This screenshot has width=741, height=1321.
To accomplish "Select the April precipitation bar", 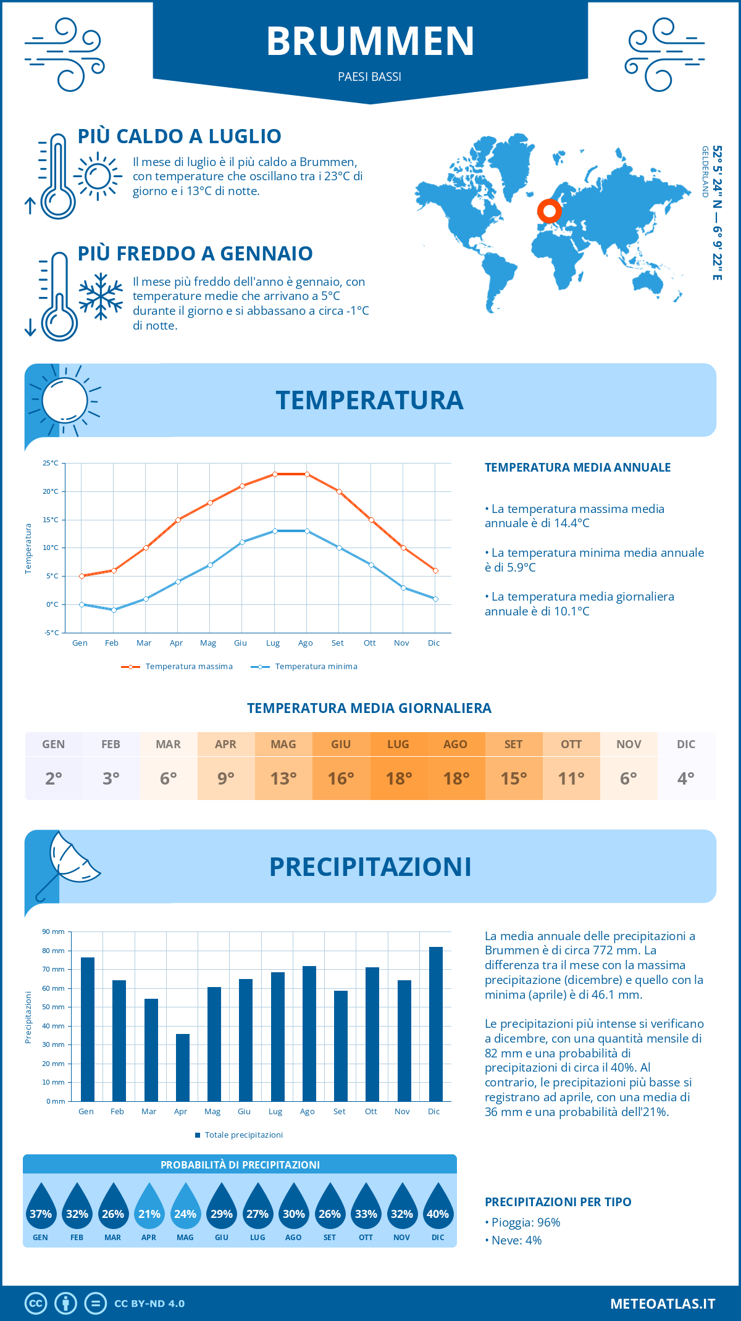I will [x=183, y=1067].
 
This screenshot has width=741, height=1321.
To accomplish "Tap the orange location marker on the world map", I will [x=549, y=210].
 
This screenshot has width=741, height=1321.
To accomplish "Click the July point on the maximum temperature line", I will [x=275, y=474].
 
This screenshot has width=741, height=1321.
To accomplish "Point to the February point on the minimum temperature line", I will [x=114, y=610].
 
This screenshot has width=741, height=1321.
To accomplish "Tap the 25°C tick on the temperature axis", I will [x=51, y=463].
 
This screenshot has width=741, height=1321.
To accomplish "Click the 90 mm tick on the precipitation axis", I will [x=54, y=931].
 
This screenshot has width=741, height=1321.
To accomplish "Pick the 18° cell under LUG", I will [x=398, y=778].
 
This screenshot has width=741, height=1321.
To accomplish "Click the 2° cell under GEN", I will [x=54, y=778].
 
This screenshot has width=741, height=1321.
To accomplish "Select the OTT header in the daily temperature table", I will [x=571, y=744].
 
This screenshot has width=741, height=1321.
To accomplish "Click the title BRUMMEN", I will [x=371, y=41].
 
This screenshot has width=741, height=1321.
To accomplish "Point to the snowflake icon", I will [x=101, y=296].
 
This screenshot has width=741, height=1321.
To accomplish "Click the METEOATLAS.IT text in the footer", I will [x=663, y=1304].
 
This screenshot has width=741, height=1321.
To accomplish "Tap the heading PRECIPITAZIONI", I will [x=371, y=867].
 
